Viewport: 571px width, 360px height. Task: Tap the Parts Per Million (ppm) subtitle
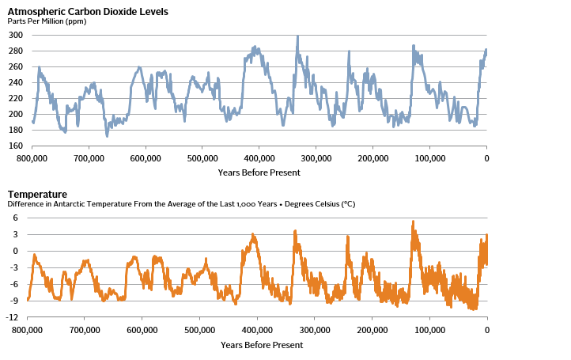pos(47,21)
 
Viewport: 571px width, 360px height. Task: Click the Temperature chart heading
pos(37,195)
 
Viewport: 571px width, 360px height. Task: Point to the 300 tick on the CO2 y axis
pos(16,36)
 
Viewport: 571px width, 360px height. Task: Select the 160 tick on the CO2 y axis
pos(16,146)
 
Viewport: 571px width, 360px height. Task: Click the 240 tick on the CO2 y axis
pos(16,82)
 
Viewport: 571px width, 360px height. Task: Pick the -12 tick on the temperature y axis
pos(13,317)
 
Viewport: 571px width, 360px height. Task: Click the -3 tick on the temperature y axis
pos(13,268)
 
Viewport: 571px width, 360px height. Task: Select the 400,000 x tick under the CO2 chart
pos(259,159)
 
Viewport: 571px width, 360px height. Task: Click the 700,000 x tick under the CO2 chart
pos(89,159)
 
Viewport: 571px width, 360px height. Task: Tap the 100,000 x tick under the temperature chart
pos(429,331)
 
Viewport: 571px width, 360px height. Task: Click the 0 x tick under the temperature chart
pos(486,331)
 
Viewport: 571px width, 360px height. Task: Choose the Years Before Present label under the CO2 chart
pos(259,172)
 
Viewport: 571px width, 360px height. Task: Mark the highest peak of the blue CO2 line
pos(297,36)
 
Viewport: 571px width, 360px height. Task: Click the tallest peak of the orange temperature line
pos(413,222)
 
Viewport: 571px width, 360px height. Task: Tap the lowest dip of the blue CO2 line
pos(107,135)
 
